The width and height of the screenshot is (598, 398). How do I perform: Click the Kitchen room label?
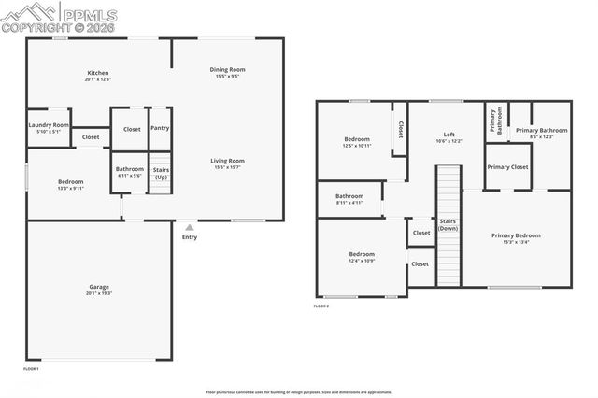click(x=98, y=73)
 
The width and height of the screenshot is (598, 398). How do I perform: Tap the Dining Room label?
click(x=227, y=70)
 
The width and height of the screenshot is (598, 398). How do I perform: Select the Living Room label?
click(x=227, y=160)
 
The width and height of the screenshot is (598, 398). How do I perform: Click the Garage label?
click(x=98, y=287)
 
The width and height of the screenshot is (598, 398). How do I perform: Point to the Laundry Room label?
click(x=49, y=124)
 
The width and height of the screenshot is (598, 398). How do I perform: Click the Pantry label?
click(x=160, y=128)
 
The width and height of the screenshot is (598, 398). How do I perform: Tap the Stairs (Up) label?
click(x=161, y=173)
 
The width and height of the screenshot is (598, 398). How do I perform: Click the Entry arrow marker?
click(x=190, y=226)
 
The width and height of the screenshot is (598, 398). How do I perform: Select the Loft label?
click(x=448, y=135)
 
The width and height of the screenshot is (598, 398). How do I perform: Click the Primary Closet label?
click(x=507, y=166)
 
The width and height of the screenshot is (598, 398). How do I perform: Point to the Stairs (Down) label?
click(x=448, y=224)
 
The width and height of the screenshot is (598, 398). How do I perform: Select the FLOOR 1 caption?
click(x=30, y=369)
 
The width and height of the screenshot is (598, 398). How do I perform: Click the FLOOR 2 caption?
click(x=321, y=306)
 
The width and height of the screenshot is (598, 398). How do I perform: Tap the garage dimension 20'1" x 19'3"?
click(x=98, y=294)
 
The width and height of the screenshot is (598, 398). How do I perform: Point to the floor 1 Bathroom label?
click(x=130, y=168)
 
